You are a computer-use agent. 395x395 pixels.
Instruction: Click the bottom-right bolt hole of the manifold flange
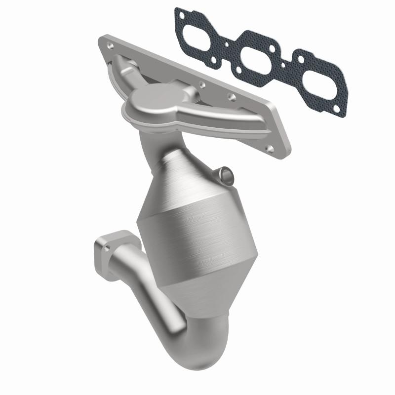tap(269, 148)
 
